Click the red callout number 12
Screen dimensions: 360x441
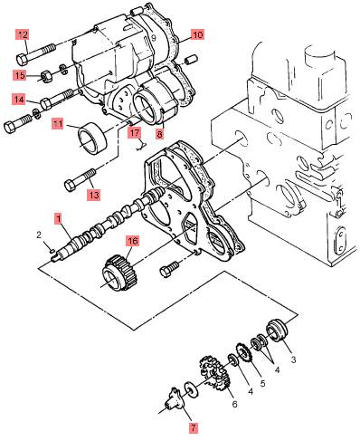pyautogui.click(x=23, y=34)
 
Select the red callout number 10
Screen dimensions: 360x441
pyautogui.click(x=198, y=34)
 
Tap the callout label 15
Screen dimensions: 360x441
pyautogui.click(x=20, y=75)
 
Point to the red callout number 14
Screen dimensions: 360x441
pyautogui.click(x=19, y=100)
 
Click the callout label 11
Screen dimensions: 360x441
pyautogui.click(x=58, y=124)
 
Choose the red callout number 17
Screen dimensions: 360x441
pyautogui.click(x=135, y=133)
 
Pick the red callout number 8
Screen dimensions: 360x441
pyautogui.click(x=159, y=134)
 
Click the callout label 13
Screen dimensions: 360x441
pyautogui.click(x=94, y=195)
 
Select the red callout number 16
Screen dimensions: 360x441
pyautogui.click(x=133, y=241)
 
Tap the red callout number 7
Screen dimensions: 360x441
pyautogui.click(x=194, y=427)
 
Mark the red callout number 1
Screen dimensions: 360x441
pyautogui.click(x=58, y=218)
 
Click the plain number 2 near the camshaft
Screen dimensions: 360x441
pyautogui.click(x=39, y=235)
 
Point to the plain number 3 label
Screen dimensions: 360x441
pyautogui.click(x=293, y=360)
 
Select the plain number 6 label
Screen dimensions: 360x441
pyautogui.click(x=234, y=404)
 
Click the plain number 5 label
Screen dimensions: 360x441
pyautogui.click(x=262, y=383)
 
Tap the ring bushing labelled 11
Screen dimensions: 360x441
pyautogui.click(x=93, y=139)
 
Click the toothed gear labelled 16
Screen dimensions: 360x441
pyautogui.click(x=118, y=273)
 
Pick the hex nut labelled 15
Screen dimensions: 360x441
pyautogui.click(x=46, y=76)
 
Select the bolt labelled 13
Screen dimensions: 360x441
pyautogui.click(x=81, y=180)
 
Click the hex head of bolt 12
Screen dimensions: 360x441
pyautogui.click(x=22, y=59)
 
